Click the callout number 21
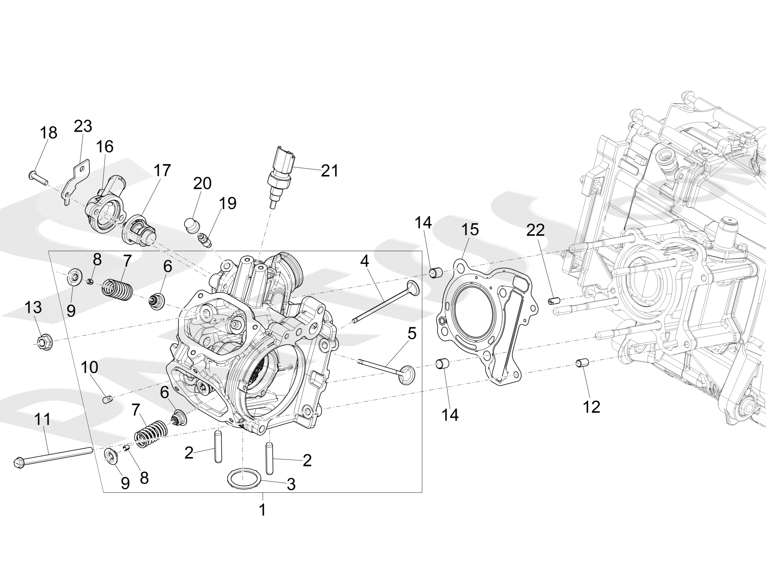click(329, 171)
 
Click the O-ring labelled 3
click(244, 479)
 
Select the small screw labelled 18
click(38, 177)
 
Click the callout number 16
click(105, 147)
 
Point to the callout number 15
click(470, 229)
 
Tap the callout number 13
click(33, 307)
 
